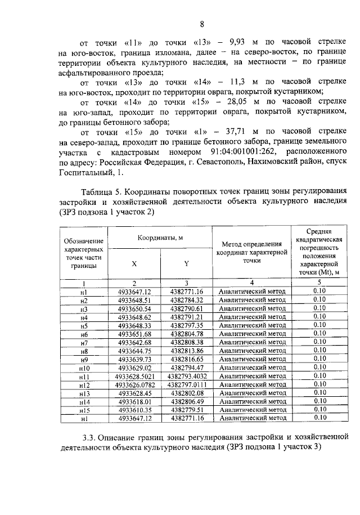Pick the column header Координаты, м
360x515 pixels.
pos(160,238)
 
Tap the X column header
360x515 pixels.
pos(134,263)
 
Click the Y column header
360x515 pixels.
pos(186,263)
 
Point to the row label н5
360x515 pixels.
pos(84,325)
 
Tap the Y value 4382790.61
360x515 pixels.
pos(187,308)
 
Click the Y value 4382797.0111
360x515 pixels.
pos(187,384)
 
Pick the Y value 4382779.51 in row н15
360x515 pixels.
pos(187,410)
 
